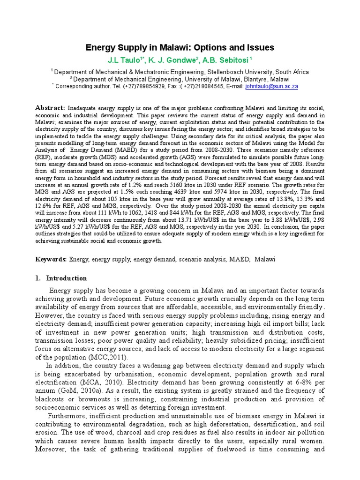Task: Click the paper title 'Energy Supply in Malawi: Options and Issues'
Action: click(x=180, y=48)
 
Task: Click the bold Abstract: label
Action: click(x=51, y=108)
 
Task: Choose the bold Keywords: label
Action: click(x=52, y=259)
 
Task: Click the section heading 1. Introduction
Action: click(x=61, y=278)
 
